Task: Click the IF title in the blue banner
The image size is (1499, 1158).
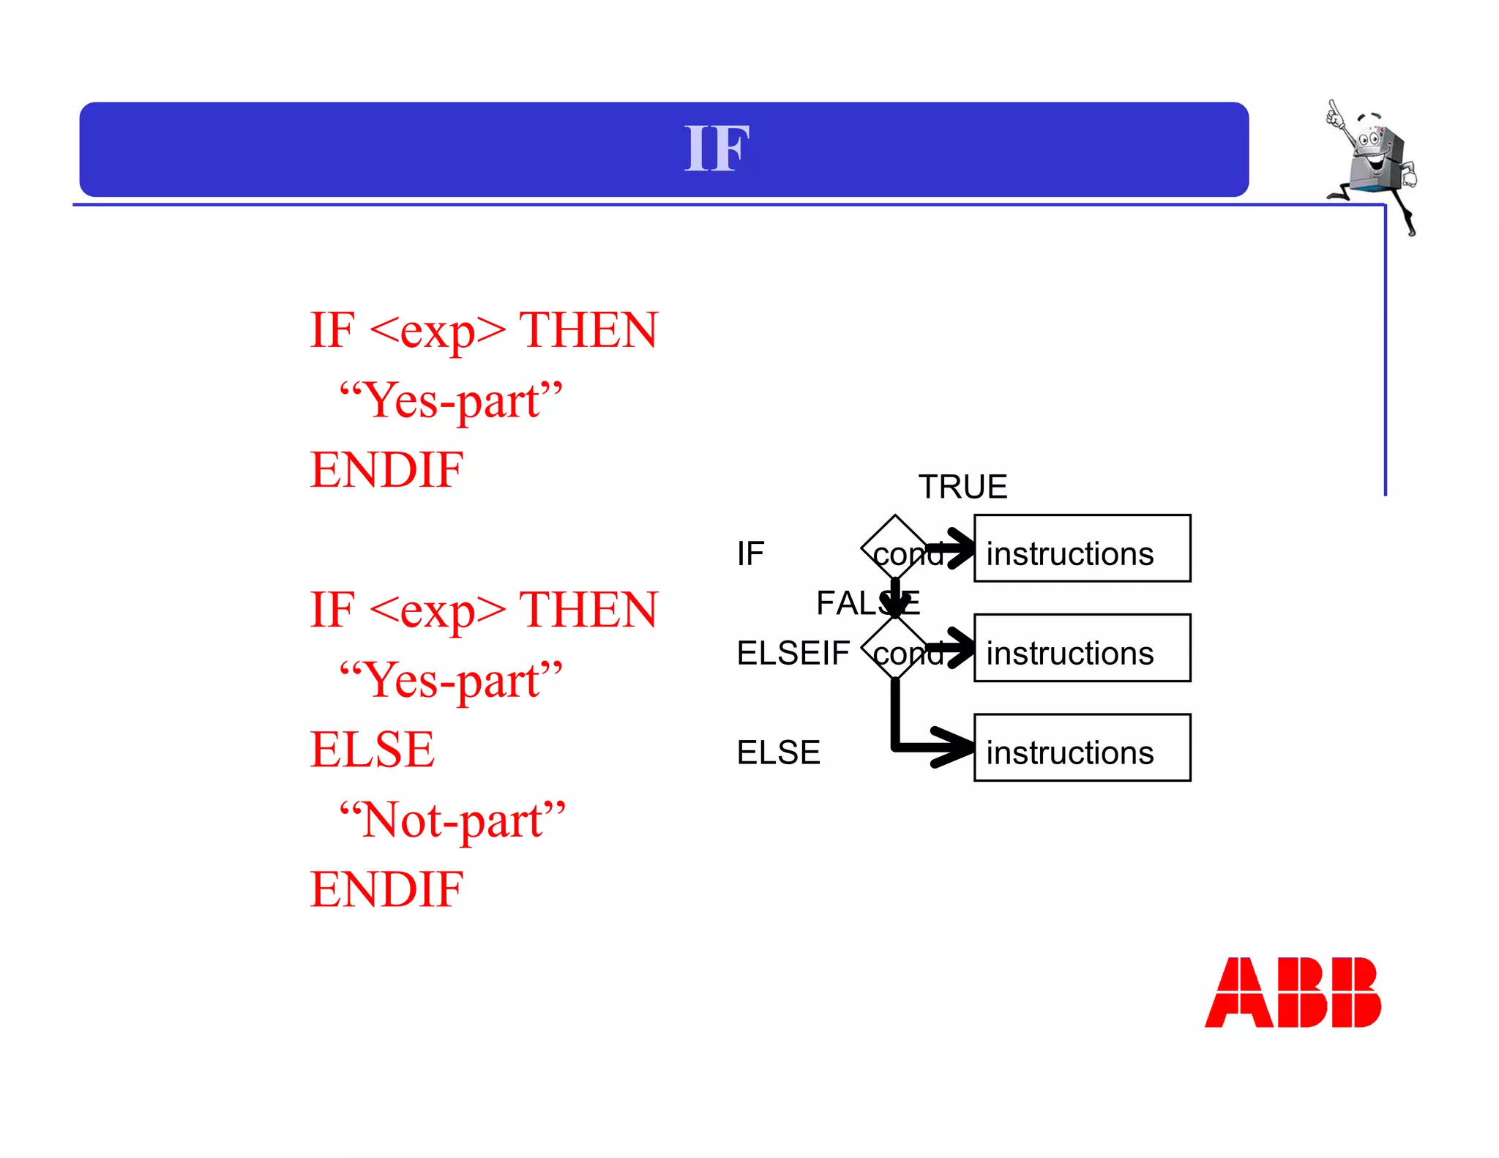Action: tap(717, 149)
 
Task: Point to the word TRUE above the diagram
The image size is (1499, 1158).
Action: tap(962, 487)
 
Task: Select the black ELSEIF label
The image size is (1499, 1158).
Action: tap(793, 653)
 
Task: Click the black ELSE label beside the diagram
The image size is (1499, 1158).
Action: tap(778, 752)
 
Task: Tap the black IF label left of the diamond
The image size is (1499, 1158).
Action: tap(750, 553)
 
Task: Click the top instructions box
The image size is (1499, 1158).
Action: tap(1082, 549)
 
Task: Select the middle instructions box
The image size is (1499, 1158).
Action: tap(1082, 649)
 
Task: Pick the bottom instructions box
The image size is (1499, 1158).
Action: tap(1082, 748)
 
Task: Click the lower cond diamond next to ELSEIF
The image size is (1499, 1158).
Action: tap(895, 649)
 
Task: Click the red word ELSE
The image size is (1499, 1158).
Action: tap(372, 750)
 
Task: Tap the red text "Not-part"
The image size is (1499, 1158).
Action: tap(452, 819)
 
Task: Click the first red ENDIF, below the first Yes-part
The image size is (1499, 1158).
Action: tap(386, 469)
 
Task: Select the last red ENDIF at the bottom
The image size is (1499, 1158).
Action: tap(386, 889)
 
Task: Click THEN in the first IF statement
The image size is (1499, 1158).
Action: tap(588, 330)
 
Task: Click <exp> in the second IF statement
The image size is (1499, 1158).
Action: tap(438, 610)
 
